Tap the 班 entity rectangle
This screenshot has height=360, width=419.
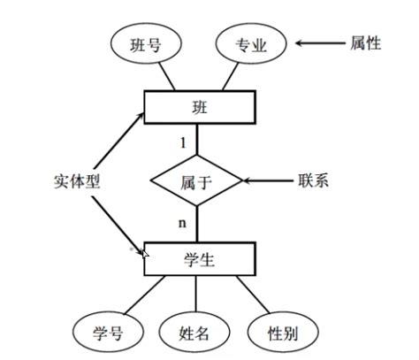(199, 107)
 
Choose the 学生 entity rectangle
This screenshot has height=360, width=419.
(199, 258)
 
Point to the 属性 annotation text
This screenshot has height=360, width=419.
(364, 42)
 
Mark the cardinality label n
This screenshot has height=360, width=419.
(183, 223)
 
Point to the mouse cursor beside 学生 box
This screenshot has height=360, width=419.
(144, 255)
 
